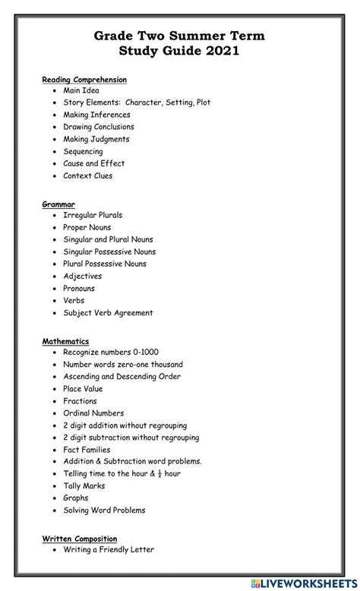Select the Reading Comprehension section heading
coord(84,79)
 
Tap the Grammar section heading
coord(58,204)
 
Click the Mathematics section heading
coord(65,341)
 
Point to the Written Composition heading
coord(80,538)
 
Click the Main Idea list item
coord(81,90)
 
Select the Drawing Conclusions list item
coord(99,127)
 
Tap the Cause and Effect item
coord(94,163)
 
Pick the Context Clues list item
coord(88,175)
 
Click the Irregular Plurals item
coord(93,215)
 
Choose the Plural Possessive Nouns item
coord(105,264)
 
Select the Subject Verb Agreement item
coord(108,312)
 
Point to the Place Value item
coord(83,389)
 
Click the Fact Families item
coord(87,450)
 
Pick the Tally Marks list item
coord(84,486)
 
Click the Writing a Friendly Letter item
coord(109,549)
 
